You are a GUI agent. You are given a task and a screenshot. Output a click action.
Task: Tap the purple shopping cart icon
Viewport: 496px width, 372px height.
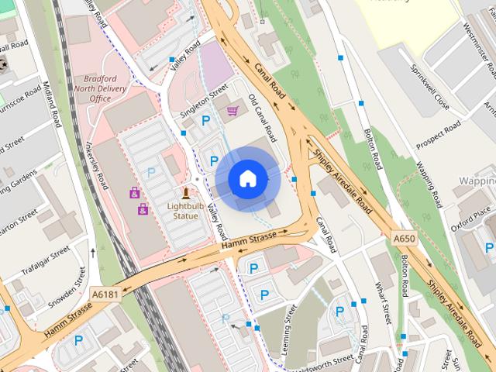coord(232,111)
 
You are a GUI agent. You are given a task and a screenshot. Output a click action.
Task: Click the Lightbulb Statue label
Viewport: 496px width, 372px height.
coord(183,211)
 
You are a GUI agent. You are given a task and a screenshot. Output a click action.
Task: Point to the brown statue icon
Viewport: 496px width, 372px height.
coord(185,193)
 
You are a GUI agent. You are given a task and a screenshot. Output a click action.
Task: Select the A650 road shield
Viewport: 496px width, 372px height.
coord(404,237)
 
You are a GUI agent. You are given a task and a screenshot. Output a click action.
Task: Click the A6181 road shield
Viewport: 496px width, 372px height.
coord(105,294)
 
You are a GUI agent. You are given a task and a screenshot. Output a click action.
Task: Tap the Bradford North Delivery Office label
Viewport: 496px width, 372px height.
coord(106,89)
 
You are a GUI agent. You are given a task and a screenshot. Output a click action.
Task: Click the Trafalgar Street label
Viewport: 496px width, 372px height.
coord(49,264)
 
